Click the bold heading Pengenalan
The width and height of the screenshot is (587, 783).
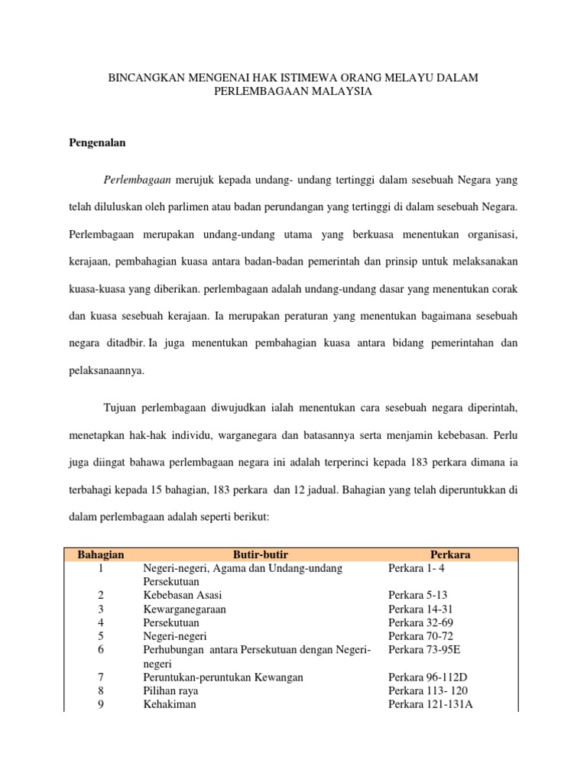(98, 142)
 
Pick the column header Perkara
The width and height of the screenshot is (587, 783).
(450, 554)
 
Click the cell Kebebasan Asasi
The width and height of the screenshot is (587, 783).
(183, 595)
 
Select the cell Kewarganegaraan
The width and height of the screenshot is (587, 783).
(184, 609)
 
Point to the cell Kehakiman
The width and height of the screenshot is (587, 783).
(169, 705)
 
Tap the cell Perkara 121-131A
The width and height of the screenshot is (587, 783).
(430, 705)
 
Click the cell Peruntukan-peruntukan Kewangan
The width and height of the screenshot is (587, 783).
(223, 677)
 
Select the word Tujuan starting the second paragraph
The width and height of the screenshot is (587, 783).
(122, 408)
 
